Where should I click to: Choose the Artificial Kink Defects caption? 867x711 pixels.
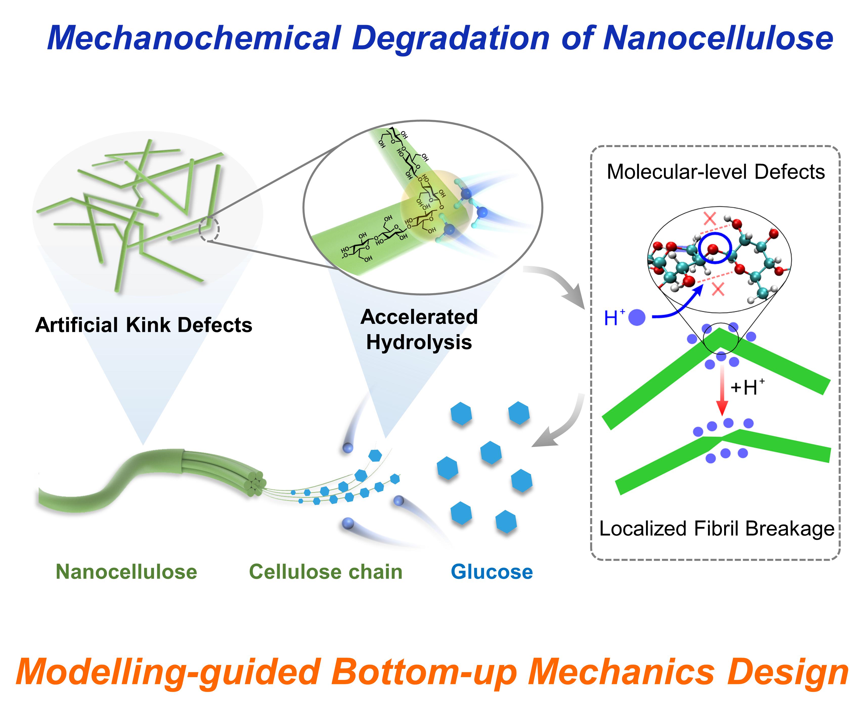point(143,325)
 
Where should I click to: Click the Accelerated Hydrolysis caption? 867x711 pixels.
point(419,329)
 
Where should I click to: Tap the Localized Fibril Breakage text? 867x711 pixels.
point(717,528)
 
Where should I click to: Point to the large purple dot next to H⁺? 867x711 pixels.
point(636,317)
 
